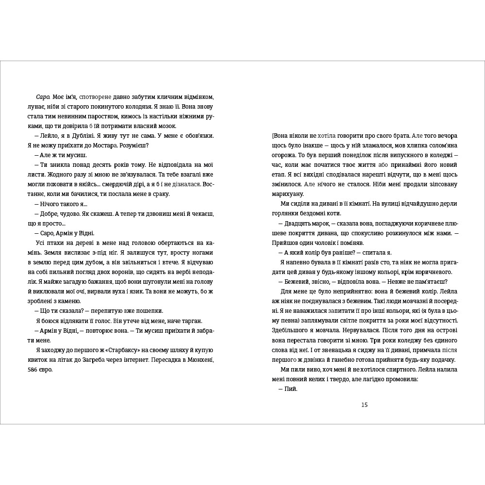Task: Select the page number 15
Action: pos(365,405)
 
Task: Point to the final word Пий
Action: pos(291,389)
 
